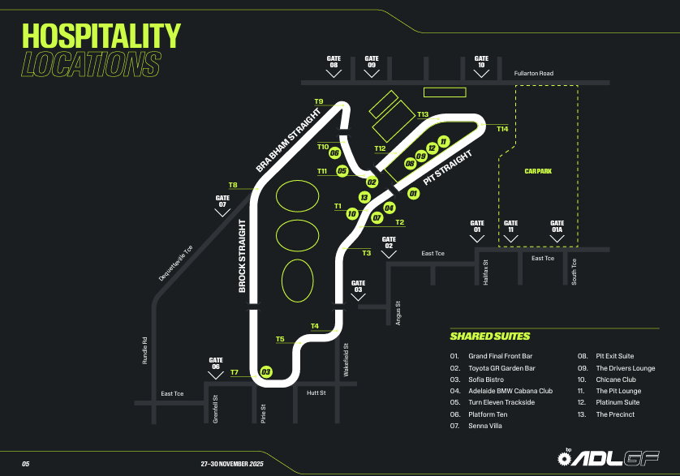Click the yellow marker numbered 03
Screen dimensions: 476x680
tap(265, 372)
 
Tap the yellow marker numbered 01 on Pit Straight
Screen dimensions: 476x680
tap(413, 194)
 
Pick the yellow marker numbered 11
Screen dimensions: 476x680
tap(443, 141)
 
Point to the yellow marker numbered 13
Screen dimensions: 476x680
tap(364, 197)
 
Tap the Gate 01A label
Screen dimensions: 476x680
tap(557, 226)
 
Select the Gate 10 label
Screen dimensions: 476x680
tap(481, 62)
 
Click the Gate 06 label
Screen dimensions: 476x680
tap(215, 363)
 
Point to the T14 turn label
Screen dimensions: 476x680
tap(502, 129)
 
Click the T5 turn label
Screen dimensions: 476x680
tap(280, 339)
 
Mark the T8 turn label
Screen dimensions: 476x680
tap(233, 186)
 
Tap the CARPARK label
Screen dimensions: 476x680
tap(537, 171)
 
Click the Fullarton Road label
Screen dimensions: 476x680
tap(533, 74)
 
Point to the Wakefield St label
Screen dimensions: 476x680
tap(346, 358)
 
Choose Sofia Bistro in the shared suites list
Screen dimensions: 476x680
tap(485, 380)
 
